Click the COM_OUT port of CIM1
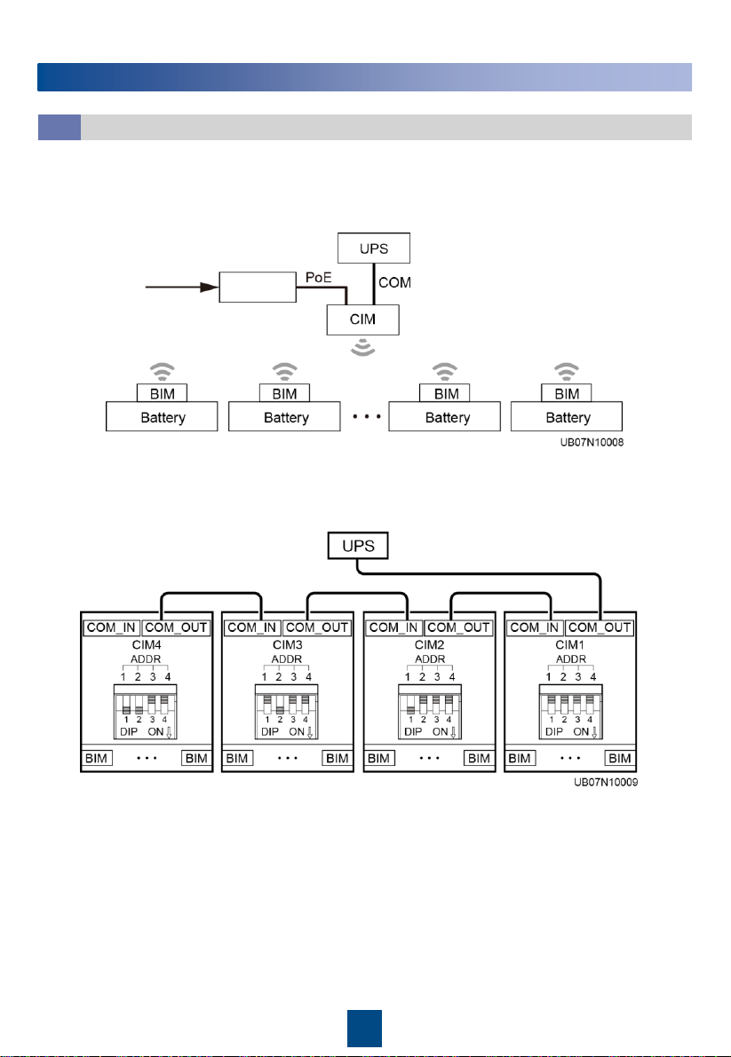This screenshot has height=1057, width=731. click(x=600, y=627)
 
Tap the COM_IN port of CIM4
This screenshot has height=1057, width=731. click(x=111, y=627)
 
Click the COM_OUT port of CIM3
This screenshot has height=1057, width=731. click(x=318, y=627)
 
